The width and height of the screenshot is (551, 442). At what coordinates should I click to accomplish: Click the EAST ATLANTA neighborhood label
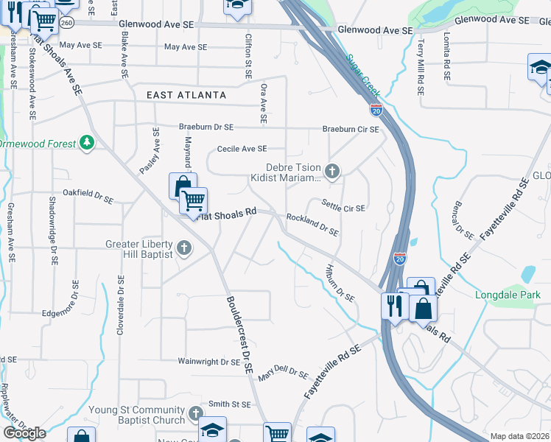tap(186, 95)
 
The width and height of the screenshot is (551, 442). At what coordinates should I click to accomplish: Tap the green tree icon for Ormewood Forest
tap(87, 142)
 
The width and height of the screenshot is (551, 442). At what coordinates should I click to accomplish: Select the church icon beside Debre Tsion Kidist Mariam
tap(332, 172)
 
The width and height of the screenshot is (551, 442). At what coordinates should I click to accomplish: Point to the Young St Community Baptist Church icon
tap(195, 413)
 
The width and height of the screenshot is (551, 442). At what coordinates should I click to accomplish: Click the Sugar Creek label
tap(363, 75)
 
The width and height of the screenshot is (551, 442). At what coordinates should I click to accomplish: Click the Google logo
tap(24, 432)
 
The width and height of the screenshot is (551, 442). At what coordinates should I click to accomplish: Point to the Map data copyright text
tap(520, 436)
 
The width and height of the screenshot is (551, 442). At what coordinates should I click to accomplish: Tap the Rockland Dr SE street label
tap(312, 225)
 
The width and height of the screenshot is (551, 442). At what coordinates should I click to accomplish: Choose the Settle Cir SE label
tap(343, 204)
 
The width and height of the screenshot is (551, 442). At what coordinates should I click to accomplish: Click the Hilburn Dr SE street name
tap(340, 283)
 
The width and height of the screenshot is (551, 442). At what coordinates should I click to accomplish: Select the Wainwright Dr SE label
tap(209, 362)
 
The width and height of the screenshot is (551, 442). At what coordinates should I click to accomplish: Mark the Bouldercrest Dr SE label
tap(239, 335)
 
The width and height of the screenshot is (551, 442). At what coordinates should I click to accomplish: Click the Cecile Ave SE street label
tap(242, 149)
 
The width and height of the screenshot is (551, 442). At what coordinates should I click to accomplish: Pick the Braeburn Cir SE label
tap(351, 129)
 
